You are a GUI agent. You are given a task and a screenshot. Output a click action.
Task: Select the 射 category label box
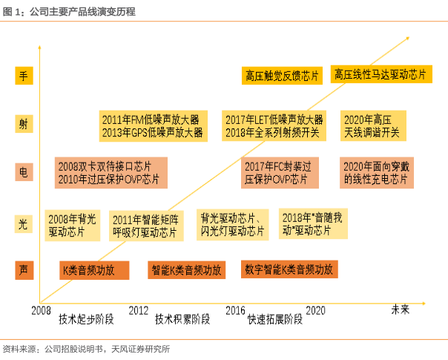point(23,124)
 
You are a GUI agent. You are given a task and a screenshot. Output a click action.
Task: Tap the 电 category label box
point(23,172)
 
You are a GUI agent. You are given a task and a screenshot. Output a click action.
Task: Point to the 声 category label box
point(23,269)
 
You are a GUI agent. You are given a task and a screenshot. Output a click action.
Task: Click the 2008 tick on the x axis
point(42,310)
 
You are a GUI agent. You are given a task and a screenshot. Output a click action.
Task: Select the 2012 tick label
point(139,310)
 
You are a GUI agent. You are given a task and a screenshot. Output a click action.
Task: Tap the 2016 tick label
point(236,310)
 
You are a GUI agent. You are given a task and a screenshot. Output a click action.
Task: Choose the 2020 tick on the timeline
point(316,310)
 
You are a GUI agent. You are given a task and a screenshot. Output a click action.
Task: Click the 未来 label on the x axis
point(401,310)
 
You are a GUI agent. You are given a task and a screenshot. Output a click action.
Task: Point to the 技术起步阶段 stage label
point(86,320)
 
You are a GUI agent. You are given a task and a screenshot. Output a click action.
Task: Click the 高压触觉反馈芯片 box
point(282,75)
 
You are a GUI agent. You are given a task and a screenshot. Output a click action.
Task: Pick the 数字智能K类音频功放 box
point(289,269)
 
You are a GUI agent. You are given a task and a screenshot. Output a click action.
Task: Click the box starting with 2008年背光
point(72,226)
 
